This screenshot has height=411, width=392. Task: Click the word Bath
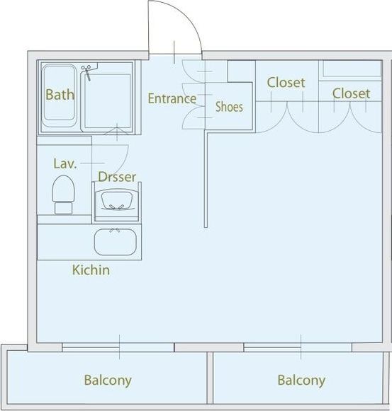pyautogui.click(x=60, y=94)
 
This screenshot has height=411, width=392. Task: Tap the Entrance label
pyautogui.click(x=172, y=98)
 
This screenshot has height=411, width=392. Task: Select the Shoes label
pyautogui.click(x=229, y=107)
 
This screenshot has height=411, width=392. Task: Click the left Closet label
pyautogui.click(x=286, y=83)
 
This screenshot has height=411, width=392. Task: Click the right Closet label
pyautogui.click(x=352, y=93)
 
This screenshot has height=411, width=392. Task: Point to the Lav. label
pyautogui.click(x=65, y=163)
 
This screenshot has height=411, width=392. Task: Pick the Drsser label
pyautogui.click(x=117, y=177)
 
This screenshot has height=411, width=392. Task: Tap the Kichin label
pyautogui.click(x=91, y=270)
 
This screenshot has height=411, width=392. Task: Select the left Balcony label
pyautogui.click(x=108, y=381)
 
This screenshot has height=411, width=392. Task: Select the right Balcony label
pyautogui.click(x=301, y=381)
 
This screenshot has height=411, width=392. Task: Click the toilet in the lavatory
pyautogui.click(x=63, y=195)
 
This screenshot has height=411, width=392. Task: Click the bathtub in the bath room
pyautogui.click(x=59, y=96)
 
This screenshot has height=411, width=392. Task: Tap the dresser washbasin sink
pyautogui.click(x=116, y=200)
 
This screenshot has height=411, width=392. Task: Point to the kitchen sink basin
pyautogui.click(x=116, y=242)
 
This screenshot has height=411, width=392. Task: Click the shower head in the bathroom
pyautogui.click(x=86, y=73)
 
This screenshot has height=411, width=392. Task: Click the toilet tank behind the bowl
pyautogui.click(x=63, y=208)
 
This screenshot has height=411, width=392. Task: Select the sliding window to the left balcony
pyautogui.click(x=118, y=347)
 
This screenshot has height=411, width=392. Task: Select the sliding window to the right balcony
pyautogui.click(x=298, y=347)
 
